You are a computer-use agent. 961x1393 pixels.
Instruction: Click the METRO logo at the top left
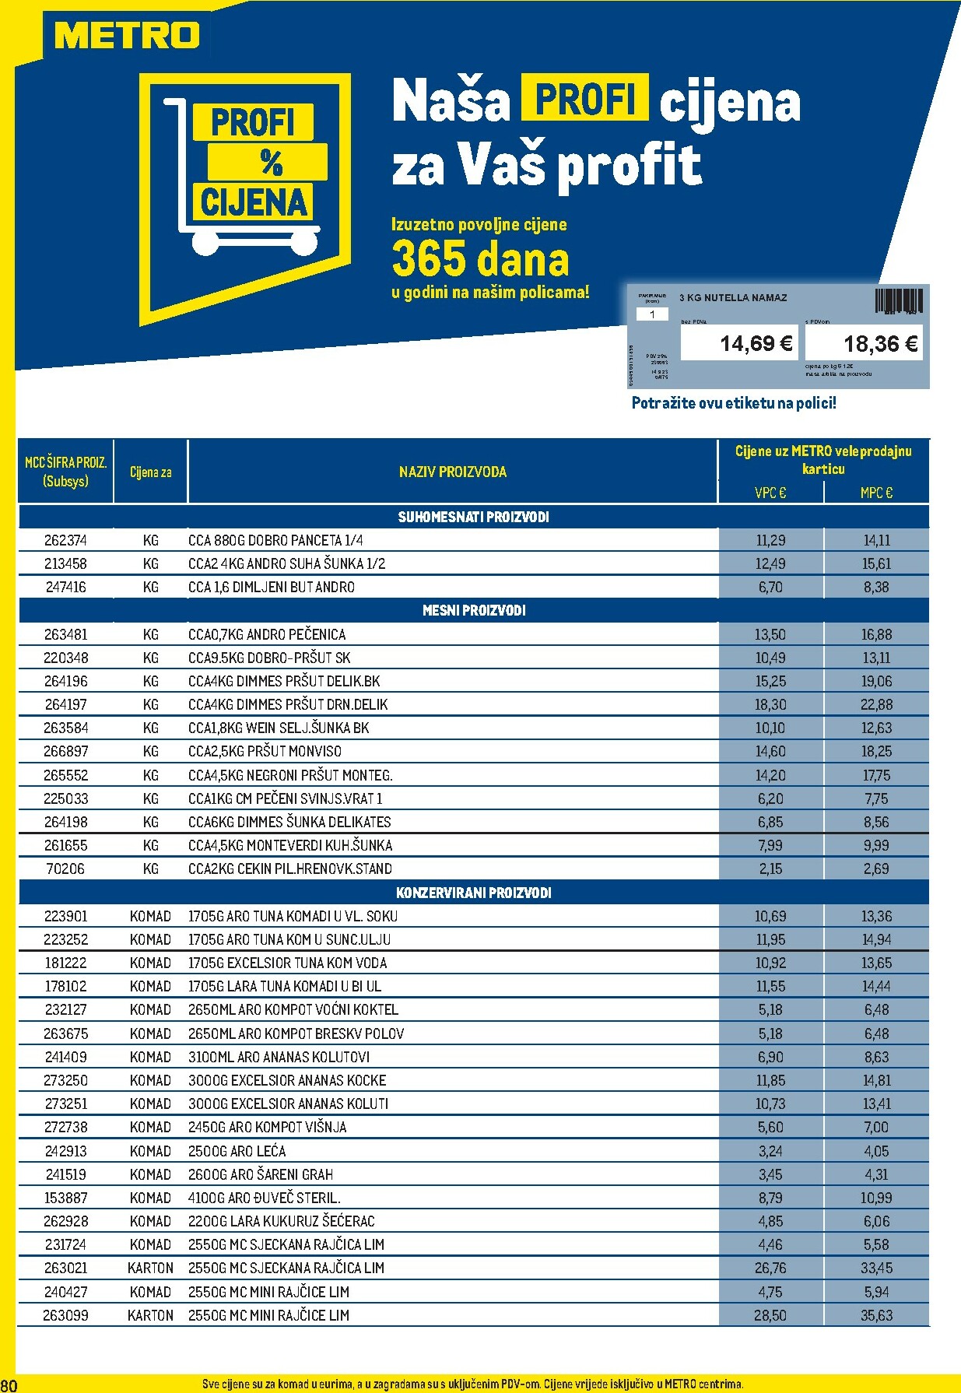[127, 36]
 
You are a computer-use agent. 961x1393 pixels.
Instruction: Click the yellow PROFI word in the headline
[585, 99]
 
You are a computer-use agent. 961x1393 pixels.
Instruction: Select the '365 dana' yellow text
[480, 259]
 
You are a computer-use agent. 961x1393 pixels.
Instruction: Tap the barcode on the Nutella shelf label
[899, 300]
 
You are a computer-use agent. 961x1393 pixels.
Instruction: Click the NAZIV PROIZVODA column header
[452, 472]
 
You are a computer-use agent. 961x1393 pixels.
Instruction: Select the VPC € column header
[770, 493]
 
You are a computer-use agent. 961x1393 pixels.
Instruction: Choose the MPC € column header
[876, 493]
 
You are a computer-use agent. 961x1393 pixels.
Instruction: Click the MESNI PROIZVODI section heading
[473, 611]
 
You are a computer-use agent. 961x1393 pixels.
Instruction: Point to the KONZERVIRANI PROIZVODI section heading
[473, 893]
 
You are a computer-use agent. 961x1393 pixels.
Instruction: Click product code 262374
[65, 540]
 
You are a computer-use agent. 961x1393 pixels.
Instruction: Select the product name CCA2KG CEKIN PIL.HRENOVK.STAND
[289, 868]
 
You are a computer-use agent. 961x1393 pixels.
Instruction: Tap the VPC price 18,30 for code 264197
[770, 704]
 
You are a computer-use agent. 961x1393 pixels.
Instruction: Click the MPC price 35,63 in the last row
[876, 1315]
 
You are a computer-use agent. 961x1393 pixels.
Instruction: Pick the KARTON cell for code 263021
[150, 1268]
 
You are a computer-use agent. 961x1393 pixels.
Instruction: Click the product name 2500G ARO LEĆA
[237, 1151]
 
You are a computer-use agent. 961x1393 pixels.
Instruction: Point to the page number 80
[9, 1384]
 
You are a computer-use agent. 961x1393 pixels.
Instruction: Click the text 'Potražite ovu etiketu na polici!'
[734, 403]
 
